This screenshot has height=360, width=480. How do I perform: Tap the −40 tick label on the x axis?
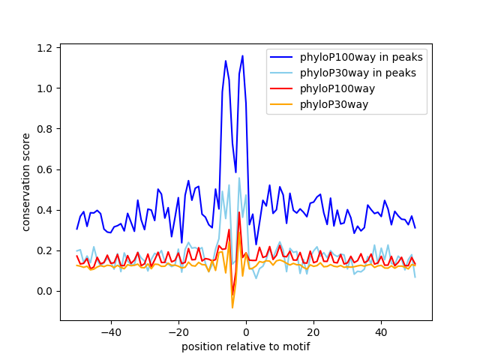pos(110,331)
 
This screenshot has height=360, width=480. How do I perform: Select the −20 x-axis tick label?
pos(178,331)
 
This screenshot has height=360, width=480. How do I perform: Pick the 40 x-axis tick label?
pos(381,331)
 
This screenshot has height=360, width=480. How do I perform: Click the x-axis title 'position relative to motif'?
pos(245,346)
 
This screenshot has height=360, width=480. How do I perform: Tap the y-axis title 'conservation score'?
pos(26,181)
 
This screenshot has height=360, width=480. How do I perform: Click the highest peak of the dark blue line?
pos(242,55)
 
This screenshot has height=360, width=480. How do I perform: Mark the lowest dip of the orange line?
pos(232,307)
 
